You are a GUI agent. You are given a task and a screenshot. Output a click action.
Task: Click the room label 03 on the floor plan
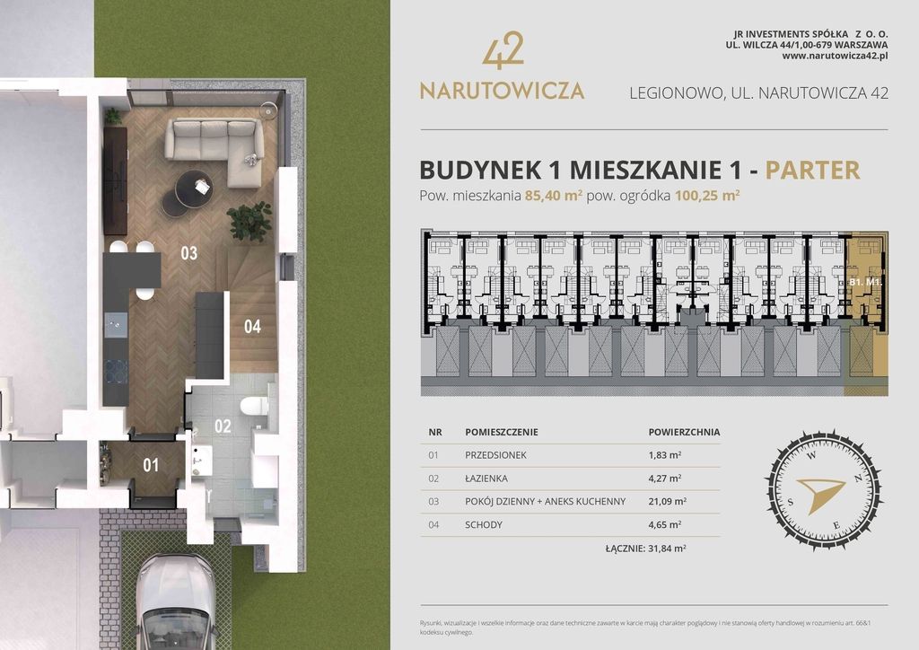point(188,253)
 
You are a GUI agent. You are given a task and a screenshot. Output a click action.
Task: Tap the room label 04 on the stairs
point(252,327)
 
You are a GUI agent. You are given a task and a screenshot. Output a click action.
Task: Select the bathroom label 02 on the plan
point(223,426)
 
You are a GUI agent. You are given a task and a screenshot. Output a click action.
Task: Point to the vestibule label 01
point(150,465)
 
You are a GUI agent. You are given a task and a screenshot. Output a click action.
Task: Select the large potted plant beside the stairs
point(249,221)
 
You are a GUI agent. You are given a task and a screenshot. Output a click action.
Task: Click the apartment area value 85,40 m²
point(555,196)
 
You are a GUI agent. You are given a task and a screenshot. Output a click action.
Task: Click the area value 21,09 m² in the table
point(667,501)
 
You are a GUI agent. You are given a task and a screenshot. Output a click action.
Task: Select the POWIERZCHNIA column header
point(684,432)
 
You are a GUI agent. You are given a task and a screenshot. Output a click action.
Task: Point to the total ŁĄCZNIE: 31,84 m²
point(645,547)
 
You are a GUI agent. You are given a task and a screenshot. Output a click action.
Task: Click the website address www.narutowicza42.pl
point(835,56)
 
